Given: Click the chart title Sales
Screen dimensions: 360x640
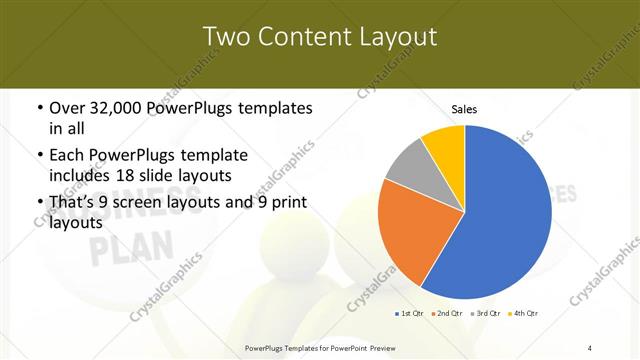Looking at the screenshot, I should [x=464, y=108].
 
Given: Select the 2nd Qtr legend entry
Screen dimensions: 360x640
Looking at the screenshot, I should [x=446, y=314].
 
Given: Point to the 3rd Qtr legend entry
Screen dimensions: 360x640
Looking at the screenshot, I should [x=484, y=314].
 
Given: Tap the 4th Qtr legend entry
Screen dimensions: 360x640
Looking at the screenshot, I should [x=522, y=314].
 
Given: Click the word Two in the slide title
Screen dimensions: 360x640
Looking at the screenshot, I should [x=226, y=37].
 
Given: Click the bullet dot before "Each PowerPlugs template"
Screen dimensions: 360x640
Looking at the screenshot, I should [x=39, y=156].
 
